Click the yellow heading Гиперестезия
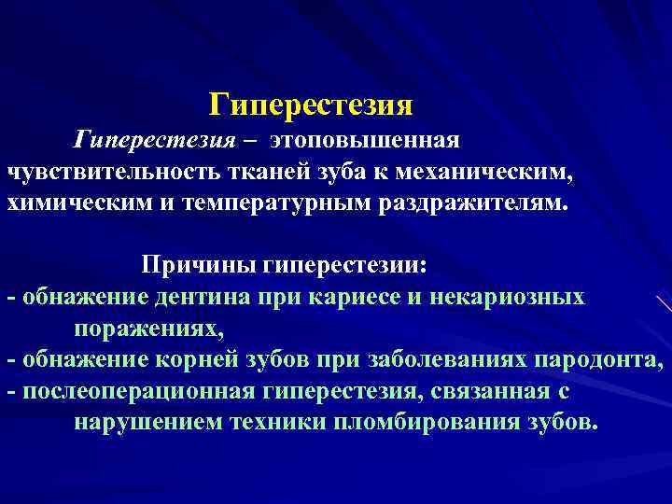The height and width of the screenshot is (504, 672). [x=310, y=104]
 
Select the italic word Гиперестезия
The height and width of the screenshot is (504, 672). [x=154, y=141]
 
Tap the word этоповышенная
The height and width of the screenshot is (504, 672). [x=365, y=141]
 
